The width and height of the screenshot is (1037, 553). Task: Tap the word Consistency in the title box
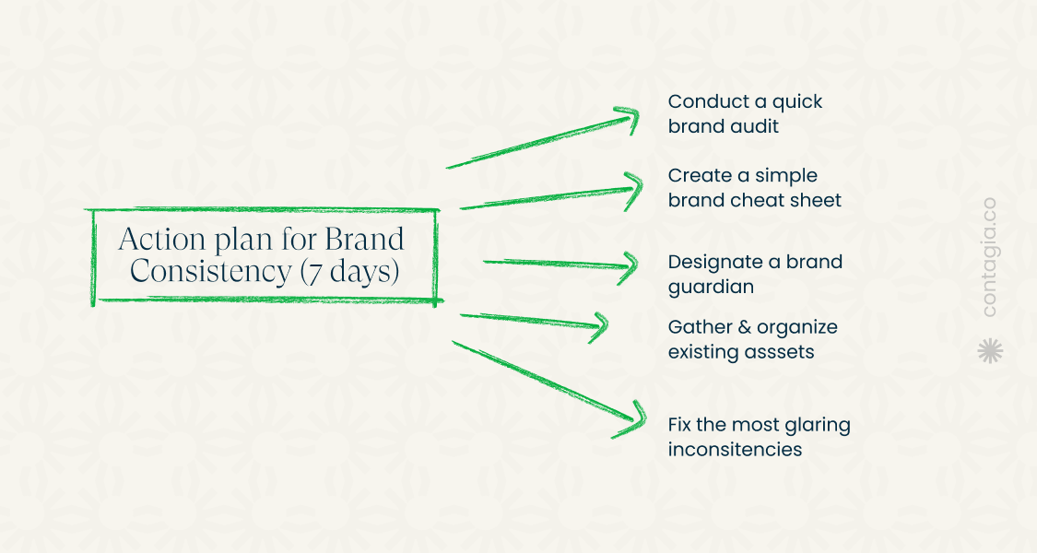[210, 271]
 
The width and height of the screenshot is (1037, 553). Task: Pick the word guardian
[711, 287]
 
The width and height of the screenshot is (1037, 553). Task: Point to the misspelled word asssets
[778, 352]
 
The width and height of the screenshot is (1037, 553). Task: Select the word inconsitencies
[735, 449]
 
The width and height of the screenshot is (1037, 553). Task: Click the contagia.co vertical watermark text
[989, 257]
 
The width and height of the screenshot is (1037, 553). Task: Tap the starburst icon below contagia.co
[990, 350]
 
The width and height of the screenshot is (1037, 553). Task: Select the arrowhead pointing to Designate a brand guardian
[629, 267]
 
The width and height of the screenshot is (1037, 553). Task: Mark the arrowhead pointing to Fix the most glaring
[631, 420]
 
